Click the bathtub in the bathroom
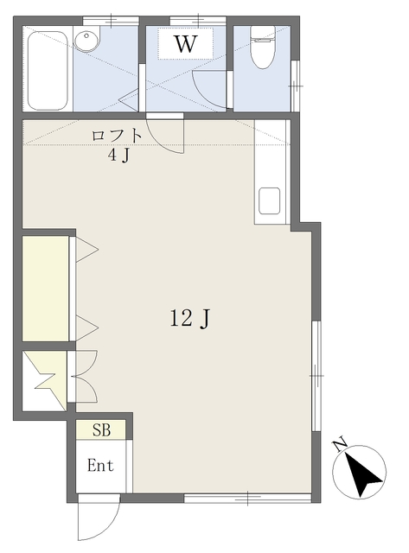tap(48, 71)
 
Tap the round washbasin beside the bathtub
tap(86, 40)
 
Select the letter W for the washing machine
tap(186, 44)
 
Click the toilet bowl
tap(263, 54)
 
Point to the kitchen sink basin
tap(269, 200)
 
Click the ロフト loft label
tap(117, 136)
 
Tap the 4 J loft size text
tap(119, 156)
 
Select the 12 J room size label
tap(190, 318)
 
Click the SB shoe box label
tap(102, 430)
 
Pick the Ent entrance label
tap(100, 466)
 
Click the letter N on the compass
tap(340, 446)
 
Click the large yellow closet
tap(46, 289)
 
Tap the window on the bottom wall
tap(247, 498)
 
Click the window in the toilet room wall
tap(296, 86)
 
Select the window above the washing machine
tap(198, 21)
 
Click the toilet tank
tap(263, 34)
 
